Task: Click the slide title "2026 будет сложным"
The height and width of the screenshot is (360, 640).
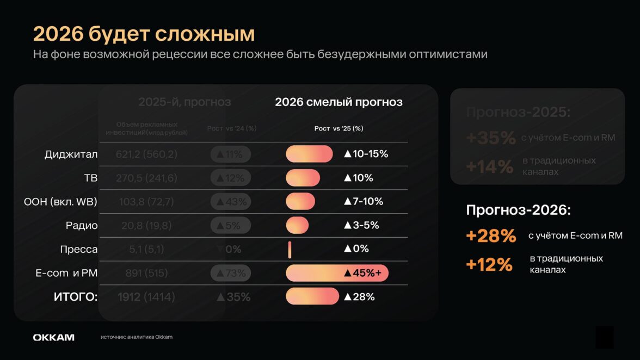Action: pos(144,34)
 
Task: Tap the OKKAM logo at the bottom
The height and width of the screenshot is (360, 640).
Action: pos(54,338)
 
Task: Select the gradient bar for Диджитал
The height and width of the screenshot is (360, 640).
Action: pos(309,154)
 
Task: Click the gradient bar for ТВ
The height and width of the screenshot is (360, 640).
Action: pos(303,178)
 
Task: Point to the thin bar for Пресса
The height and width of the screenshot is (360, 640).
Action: pos(290,249)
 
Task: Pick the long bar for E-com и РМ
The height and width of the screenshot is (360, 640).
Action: pos(337,273)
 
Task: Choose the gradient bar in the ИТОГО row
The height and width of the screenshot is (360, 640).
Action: pos(312,297)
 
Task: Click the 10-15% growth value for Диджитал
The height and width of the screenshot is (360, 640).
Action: pos(366,154)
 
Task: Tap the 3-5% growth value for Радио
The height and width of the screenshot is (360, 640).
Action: pos(361,225)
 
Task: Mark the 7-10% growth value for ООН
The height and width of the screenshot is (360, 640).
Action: pos(363,201)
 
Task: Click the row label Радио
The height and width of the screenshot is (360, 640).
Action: pos(82,226)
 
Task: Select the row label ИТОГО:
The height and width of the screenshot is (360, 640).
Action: pos(75,297)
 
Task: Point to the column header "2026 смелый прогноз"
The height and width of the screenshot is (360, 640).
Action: pos(339,102)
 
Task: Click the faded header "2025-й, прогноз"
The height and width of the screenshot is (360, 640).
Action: pos(184,102)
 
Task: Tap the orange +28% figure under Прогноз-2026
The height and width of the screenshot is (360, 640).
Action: pos(491,236)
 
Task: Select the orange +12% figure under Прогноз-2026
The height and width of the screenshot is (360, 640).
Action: pos(489,264)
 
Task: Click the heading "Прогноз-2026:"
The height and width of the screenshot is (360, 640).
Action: pos(518,210)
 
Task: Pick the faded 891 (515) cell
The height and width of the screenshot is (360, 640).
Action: pos(146,273)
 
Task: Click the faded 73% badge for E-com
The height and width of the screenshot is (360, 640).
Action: pos(231,273)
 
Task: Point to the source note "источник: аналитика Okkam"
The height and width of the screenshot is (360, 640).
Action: pos(137,337)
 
